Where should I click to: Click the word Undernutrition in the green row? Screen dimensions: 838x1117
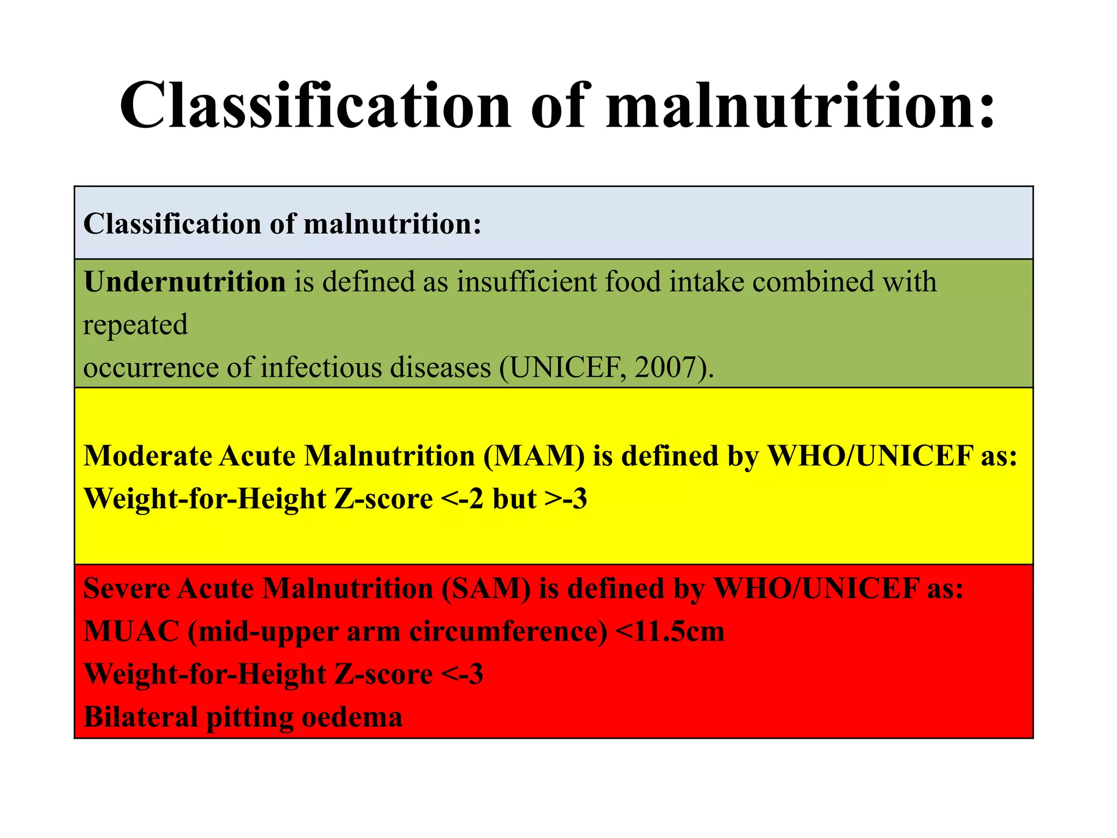(185, 282)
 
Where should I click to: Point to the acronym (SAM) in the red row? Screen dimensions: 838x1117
(485, 589)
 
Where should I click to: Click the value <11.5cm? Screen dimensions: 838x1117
(670, 632)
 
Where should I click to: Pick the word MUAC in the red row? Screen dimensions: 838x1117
(131, 632)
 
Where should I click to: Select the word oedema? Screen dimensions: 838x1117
(352, 717)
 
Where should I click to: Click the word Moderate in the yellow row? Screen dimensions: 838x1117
(147, 456)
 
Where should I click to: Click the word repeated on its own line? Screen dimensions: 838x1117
(135, 325)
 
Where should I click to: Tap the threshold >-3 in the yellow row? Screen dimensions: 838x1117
(566, 499)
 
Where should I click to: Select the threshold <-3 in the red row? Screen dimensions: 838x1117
(461, 674)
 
